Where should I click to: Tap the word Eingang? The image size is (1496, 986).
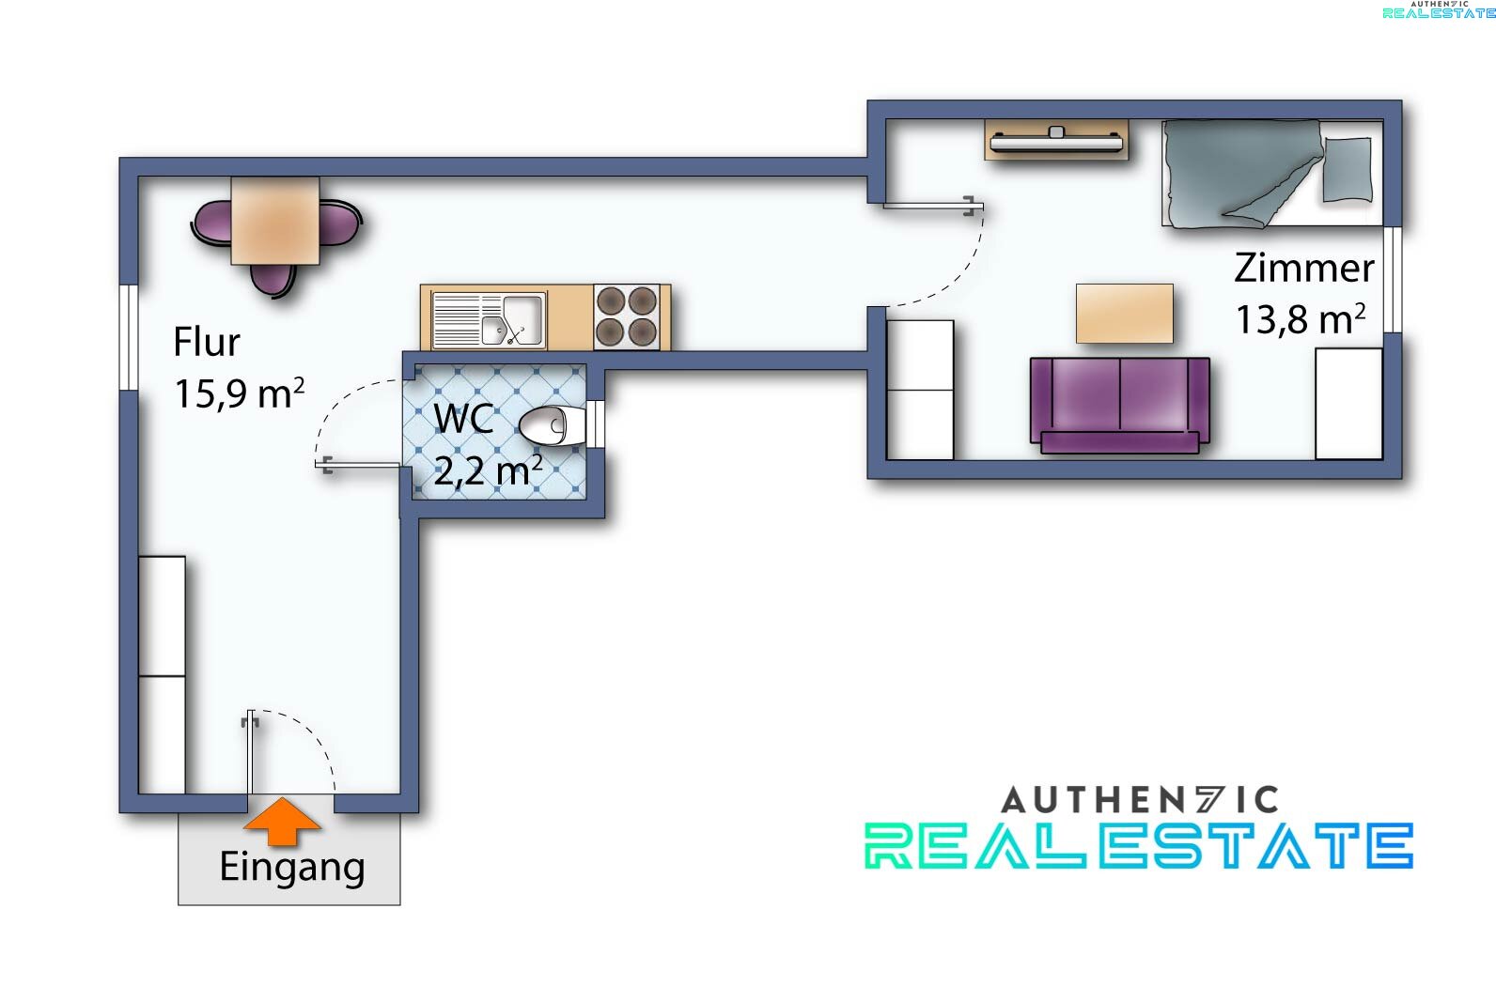[x=291, y=867]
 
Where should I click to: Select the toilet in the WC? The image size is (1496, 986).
[x=552, y=425]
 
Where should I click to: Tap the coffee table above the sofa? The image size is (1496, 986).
[x=1124, y=313]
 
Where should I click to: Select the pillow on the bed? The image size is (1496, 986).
[x=1347, y=169]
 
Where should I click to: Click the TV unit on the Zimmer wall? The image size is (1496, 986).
[x=1056, y=141]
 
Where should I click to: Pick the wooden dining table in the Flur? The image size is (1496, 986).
[x=274, y=222]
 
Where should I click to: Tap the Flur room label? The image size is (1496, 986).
[x=206, y=342]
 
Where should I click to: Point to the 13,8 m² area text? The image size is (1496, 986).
[x=1300, y=319]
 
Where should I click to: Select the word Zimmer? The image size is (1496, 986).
[x=1303, y=269]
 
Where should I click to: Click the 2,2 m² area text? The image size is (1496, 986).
[x=488, y=470]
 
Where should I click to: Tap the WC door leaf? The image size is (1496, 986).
[x=361, y=463]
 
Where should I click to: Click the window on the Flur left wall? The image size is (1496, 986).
[x=129, y=335]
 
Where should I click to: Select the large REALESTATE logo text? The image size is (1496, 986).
[x=1138, y=845]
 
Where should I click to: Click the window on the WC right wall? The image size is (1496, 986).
[x=594, y=424]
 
